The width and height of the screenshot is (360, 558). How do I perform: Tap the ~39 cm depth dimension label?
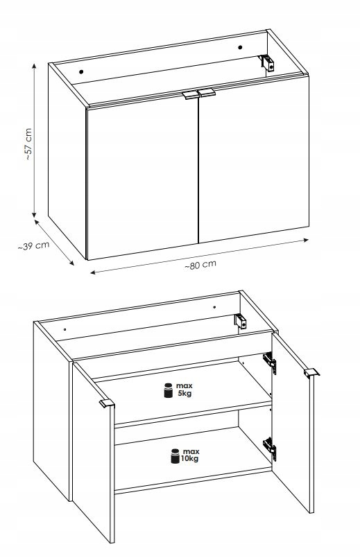pyautogui.click(x=33, y=245)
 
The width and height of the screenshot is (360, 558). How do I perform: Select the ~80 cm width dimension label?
pyautogui.click(x=200, y=265)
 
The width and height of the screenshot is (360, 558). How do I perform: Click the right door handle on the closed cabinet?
pyautogui.click(x=207, y=92)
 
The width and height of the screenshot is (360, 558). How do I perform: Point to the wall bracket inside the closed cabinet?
pyautogui.click(x=267, y=63)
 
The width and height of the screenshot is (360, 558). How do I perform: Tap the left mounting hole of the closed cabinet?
pyautogui.click(x=81, y=72)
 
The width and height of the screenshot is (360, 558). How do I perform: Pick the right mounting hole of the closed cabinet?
pyautogui.click(x=240, y=47)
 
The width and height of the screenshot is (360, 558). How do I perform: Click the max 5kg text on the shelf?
pyautogui.click(x=185, y=390)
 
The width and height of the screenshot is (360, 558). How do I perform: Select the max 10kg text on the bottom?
pyautogui.click(x=190, y=455)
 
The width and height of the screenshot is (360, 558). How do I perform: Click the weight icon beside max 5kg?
pyautogui.click(x=168, y=390)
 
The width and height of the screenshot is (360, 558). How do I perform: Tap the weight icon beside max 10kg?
pyautogui.click(x=175, y=456)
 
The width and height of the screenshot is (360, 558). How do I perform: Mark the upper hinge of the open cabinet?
pyautogui.click(x=270, y=362)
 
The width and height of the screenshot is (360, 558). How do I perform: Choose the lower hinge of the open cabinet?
pyautogui.click(x=270, y=447)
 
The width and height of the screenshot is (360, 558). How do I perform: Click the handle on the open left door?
pyautogui.click(x=107, y=403)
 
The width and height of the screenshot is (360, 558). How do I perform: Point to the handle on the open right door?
pyautogui.click(x=311, y=372)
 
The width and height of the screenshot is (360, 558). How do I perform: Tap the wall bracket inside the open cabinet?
pyautogui.click(x=241, y=322)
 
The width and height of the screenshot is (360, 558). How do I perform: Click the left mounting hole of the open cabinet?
pyautogui.click(x=65, y=329)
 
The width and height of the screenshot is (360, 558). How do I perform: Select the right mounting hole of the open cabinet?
pyautogui.click(x=214, y=307)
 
